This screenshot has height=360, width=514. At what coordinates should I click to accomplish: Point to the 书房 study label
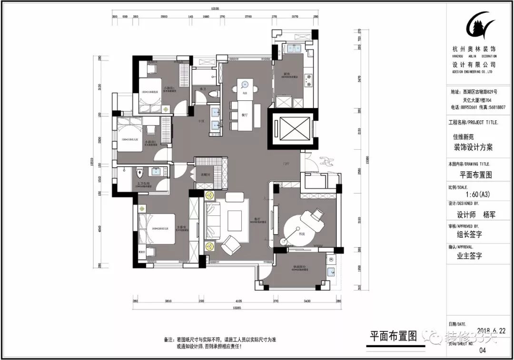[x=301, y=234]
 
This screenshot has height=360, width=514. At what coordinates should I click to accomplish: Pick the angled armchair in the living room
[x=231, y=245]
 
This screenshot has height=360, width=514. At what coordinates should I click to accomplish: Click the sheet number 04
[x=483, y=350]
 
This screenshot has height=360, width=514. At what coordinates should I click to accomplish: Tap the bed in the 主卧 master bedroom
[x=157, y=229]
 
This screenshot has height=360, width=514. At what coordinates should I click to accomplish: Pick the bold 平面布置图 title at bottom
[x=393, y=336]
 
